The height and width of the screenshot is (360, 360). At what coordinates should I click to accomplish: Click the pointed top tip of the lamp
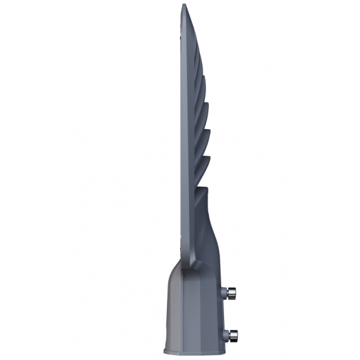[x=183, y=6]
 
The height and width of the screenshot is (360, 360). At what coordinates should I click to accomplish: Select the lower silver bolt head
[x=235, y=317]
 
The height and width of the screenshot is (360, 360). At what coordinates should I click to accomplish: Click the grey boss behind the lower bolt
[x=226, y=317]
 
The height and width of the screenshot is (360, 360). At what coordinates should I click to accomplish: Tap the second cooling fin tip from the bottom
[x=208, y=136]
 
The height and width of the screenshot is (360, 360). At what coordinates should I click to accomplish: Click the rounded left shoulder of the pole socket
[x=172, y=271]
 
